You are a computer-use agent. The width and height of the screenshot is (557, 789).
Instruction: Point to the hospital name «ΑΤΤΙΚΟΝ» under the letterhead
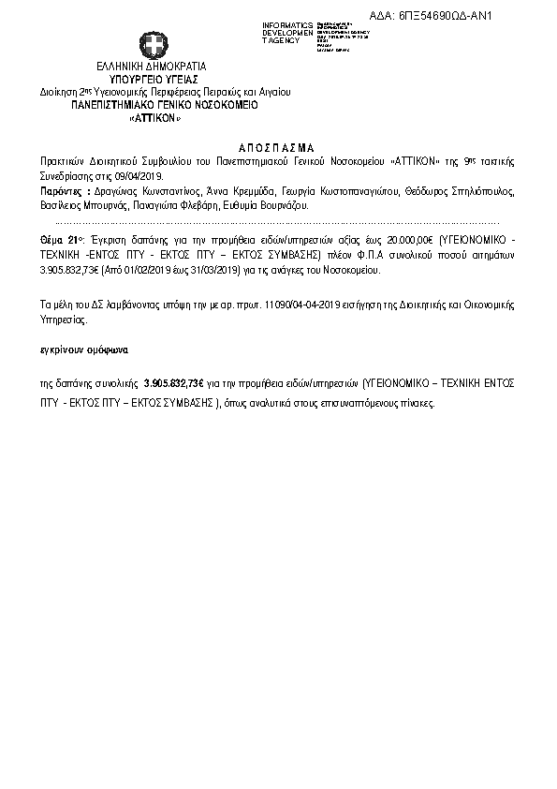(x=154, y=120)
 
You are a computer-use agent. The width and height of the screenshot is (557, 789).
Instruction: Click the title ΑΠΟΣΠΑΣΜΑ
(x=278, y=148)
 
